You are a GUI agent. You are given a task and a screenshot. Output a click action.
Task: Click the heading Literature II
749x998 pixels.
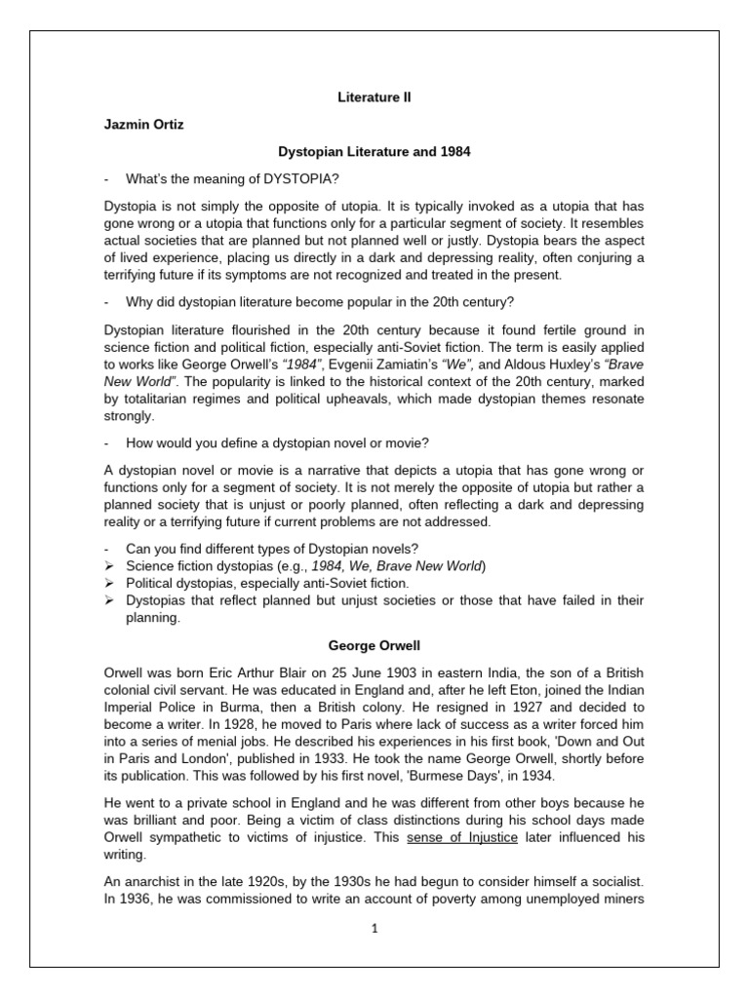click(374, 97)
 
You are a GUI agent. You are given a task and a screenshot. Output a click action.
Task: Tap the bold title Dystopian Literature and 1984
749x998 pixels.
click(374, 152)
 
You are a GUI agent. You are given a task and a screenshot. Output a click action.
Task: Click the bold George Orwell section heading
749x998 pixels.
click(374, 645)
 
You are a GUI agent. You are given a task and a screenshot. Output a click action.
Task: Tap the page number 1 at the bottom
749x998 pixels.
click(374, 929)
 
